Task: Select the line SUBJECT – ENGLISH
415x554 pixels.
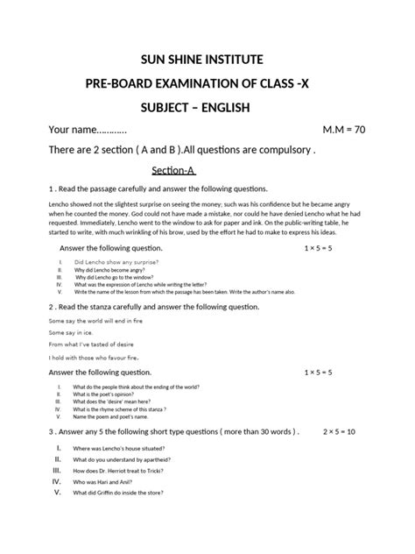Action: pyautogui.click(x=207, y=107)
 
